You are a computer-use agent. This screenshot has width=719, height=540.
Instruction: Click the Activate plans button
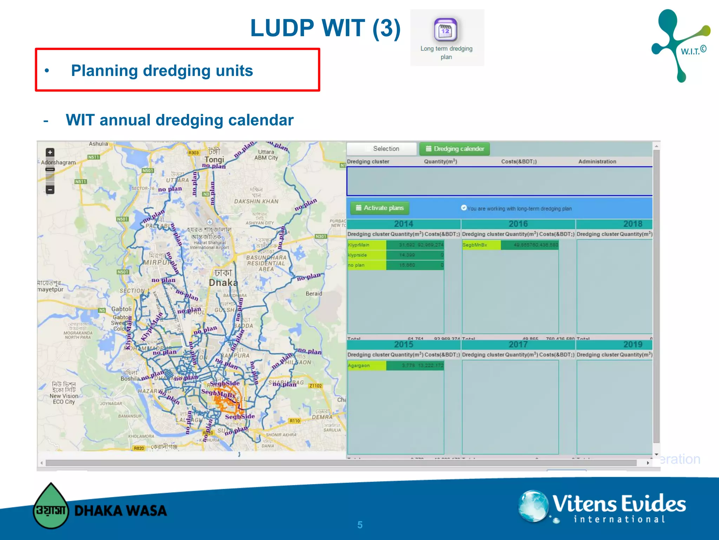380,208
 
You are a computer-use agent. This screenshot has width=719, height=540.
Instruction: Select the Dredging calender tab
454,149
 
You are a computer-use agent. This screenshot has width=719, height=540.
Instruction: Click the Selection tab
382,149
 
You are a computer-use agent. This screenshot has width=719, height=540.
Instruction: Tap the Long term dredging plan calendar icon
445,30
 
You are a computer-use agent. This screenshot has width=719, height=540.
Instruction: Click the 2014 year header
403,224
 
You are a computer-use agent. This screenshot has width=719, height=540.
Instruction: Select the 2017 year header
518,345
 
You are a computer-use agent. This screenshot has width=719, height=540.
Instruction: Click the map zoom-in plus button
50,152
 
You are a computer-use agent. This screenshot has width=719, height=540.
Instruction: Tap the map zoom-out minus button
50,190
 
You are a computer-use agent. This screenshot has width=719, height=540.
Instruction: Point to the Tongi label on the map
214,159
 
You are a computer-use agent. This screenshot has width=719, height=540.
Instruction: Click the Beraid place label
314,294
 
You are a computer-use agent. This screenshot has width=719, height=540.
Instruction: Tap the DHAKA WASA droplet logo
51,506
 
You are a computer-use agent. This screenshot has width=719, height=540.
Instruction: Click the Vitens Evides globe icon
533,506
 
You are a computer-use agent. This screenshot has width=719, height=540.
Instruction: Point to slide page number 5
360,525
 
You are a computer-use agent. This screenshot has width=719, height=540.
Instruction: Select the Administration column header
597,162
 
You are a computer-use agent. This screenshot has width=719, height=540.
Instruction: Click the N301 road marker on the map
321,236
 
